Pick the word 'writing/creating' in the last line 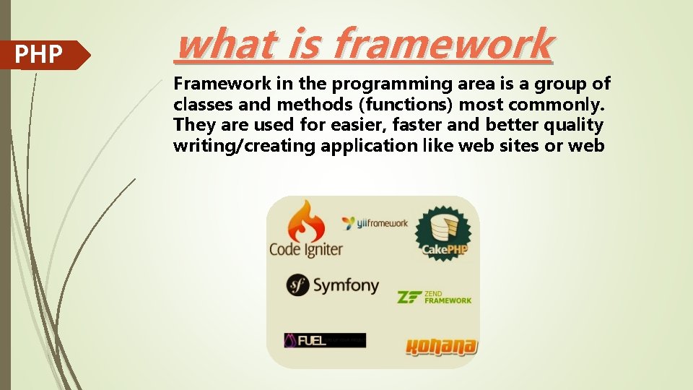(x=245, y=146)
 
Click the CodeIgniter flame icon (x=305, y=221)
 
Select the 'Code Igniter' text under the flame (x=305, y=250)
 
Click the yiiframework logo (x=375, y=223)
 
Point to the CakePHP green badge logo (x=443, y=233)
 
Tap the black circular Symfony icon (x=297, y=285)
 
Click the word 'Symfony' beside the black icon (x=346, y=285)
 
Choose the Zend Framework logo (x=435, y=297)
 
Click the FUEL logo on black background (x=324, y=340)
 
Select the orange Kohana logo (x=441, y=347)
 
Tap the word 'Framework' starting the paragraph (x=214, y=83)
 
